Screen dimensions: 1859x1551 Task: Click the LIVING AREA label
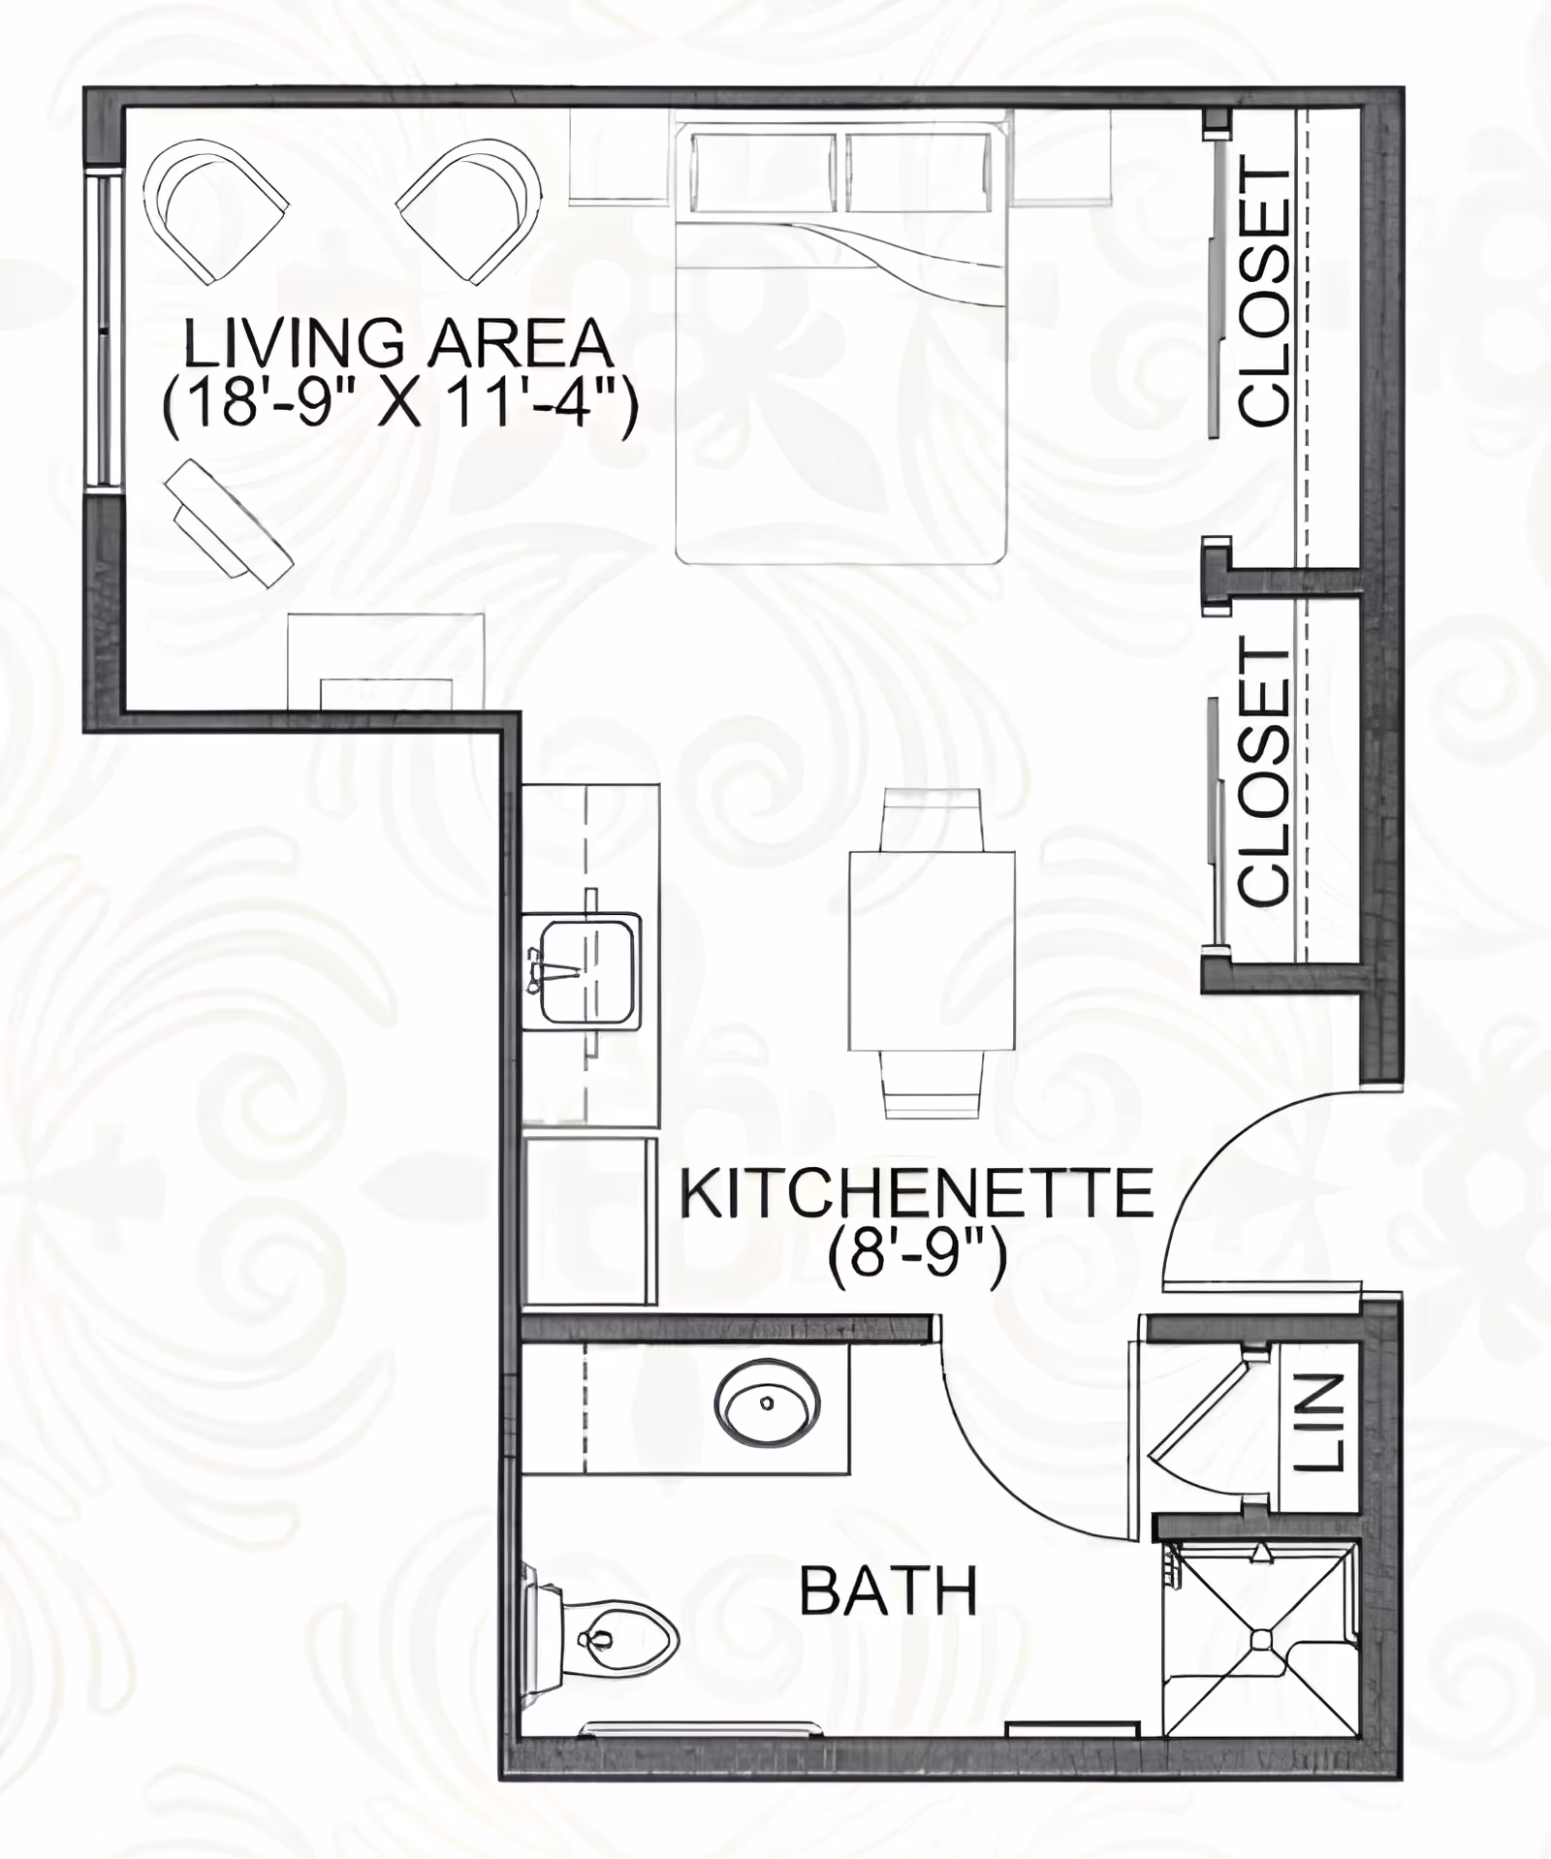tap(398, 343)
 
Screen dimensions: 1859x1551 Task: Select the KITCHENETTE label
tap(916, 1194)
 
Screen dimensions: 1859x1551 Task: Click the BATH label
tap(888, 1592)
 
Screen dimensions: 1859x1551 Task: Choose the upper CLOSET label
tap(1265, 297)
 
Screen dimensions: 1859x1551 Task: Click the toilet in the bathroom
tap(611, 1639)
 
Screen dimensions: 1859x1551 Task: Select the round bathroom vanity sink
tap(767, 1402)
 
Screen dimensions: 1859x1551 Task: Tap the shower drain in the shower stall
tap(1261, 1638)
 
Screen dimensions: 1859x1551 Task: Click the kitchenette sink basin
tap(587, 970)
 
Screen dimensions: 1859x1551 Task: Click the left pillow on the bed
tap(763, 173)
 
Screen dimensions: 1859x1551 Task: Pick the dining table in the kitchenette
tap(932, 951)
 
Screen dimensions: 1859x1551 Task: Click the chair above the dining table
tap(932, 819)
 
